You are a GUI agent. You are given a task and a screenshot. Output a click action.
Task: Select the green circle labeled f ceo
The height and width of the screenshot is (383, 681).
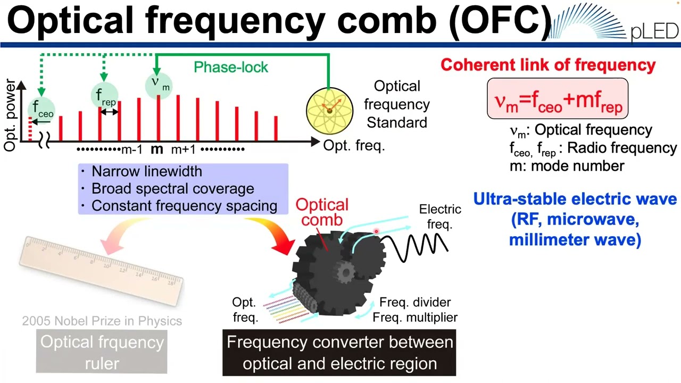point(41,109)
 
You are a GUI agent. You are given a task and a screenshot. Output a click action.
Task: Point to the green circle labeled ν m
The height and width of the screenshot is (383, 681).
point(158,84)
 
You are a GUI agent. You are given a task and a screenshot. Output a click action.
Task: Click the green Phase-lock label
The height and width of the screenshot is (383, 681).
point(231,67)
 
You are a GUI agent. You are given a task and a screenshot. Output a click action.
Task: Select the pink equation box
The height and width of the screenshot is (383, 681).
point(558,99)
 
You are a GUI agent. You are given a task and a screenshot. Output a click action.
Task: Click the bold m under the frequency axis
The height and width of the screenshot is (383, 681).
point(156,149)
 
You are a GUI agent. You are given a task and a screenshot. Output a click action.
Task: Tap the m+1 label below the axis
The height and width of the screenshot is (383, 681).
point(183,149)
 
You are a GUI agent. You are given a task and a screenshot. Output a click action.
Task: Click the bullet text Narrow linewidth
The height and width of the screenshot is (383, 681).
point(146,171)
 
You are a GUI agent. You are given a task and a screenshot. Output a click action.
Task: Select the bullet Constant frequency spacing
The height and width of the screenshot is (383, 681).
point(184,206)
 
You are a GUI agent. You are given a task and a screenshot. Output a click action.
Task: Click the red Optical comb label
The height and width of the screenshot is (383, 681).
point(322,212)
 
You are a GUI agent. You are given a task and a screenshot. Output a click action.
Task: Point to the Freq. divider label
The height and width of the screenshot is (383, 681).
point(415,302)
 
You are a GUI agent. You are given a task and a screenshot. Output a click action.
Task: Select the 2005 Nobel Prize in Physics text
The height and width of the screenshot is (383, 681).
point(102,321)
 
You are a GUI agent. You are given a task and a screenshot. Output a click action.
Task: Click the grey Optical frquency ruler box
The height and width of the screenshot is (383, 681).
point(102,352)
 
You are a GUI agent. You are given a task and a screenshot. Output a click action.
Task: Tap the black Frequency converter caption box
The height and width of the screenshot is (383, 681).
point(339,353)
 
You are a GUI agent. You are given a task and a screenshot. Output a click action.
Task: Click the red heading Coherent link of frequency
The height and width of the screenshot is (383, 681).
point(548,65)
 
